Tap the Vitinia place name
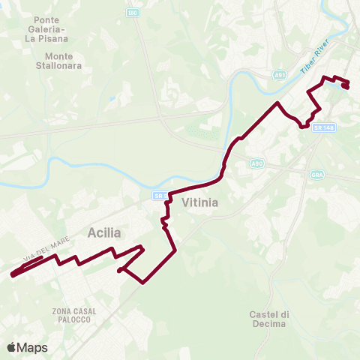point(200,202)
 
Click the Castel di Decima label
point(268,319)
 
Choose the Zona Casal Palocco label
point(71,314)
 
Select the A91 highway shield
point(280,76)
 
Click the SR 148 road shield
point(324,128)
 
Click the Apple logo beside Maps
point(12,347)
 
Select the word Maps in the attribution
point(32,347)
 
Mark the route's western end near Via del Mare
point(13,275)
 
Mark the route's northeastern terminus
point(346,86)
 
